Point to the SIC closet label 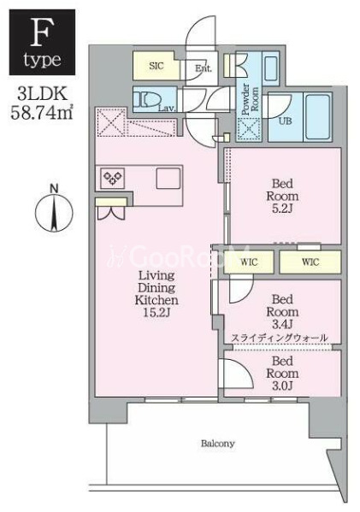pyautogui.click(x=156, y=65)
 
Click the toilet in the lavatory pyautogui.click(x=151, y=99)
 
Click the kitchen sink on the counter pyautogui.click(x=168, y=179)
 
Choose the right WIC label pyautogui.click(x=310, y=262)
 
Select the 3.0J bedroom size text pyautogui.click(x=281, y=385)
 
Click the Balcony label pyautogui.click(x=218, y=444)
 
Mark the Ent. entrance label pyautogui.click(x=204, y=68)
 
